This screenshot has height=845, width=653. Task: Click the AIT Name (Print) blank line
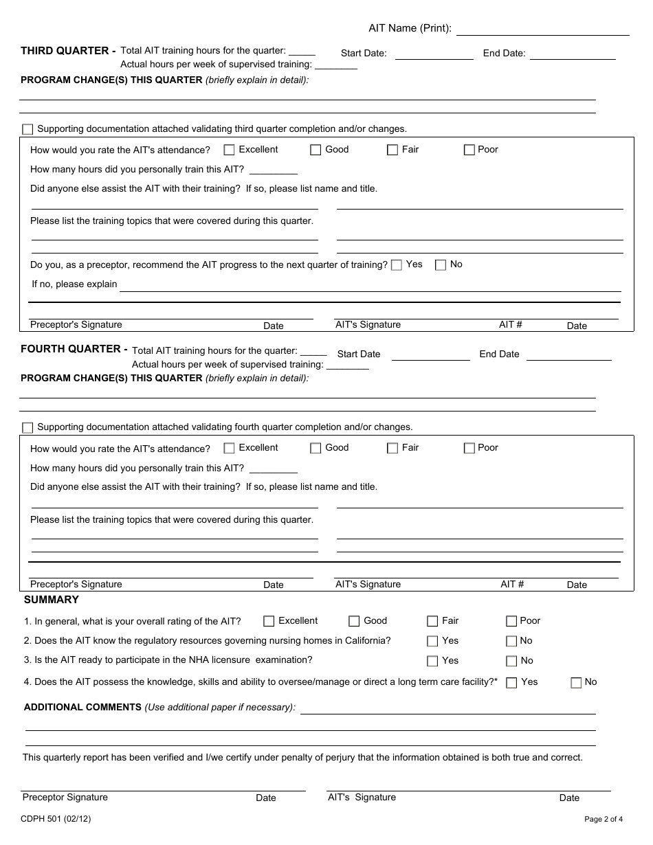(x=542, y=29)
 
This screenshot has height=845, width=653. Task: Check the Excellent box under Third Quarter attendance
(x=230, y=150)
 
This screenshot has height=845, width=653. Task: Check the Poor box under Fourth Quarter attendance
(x=469, y=448)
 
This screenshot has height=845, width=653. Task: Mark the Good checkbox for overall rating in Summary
(x=354, y=621)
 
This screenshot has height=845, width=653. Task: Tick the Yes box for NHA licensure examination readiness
(x=432, y=661)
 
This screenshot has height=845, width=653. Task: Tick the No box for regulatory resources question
(x=511, y=641)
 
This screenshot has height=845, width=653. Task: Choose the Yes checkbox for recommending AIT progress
(x=397, y=265)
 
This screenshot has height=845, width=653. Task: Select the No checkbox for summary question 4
(x=576, y=682)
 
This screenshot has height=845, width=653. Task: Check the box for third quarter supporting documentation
(x=27, y=129)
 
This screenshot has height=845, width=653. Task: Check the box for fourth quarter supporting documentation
(x=27, y=427)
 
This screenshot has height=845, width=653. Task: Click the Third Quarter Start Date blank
(x=434, y=54)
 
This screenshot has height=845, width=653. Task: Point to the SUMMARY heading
(x=52, y=600)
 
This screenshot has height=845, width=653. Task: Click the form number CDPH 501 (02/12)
(x=56, y=818)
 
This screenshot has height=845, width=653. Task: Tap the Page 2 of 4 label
(x=604, y=819)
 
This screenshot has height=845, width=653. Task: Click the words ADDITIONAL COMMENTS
(x=82, y=707)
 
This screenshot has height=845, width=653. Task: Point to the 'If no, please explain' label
(x=74, y=284)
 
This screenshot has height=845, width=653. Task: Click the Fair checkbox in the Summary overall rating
(x=432, y=621)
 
